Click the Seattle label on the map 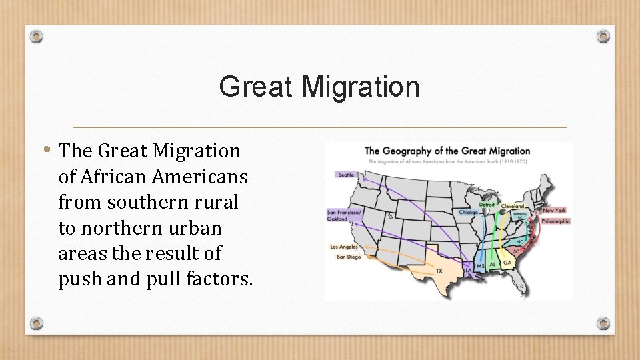(347, 175)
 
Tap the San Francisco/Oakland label (343, 215)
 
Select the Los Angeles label (344, 247)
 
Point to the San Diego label (349, 257)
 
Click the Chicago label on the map (469, 213)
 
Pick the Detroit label (487, 205)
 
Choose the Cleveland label (513, 207)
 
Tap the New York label (554, 211)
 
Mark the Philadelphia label (556, 221)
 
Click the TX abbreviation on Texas (439, 271)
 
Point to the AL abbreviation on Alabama (493, 264)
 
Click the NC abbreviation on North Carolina (520, 241)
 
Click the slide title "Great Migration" (319, 87)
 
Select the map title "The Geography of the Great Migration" (447, 151)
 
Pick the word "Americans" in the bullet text (199, 177)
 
